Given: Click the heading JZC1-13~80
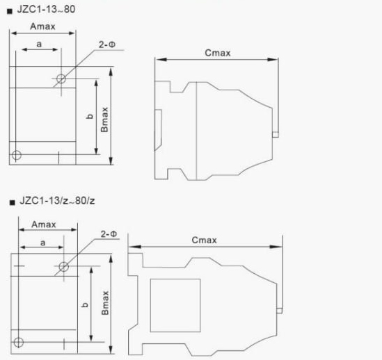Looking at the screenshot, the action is click(x=46, y=9).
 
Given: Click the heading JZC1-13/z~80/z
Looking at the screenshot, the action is click(x=57, y=201).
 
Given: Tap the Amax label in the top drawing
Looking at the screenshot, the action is click(x=42, y=26).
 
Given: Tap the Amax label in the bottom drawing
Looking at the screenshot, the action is click(x=44, y=224).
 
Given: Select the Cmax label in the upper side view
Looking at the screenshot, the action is click(x=218, y=53).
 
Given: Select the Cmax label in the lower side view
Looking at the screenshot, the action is click(x=204, y=240).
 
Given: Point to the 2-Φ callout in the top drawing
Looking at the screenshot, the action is click(x=107, y=44).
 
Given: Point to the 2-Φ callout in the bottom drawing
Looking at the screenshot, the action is click(x=109, y=234).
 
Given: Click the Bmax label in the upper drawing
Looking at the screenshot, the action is click(x=104, y=120).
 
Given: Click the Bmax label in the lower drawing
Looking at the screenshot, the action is click(x=105, y=303).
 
